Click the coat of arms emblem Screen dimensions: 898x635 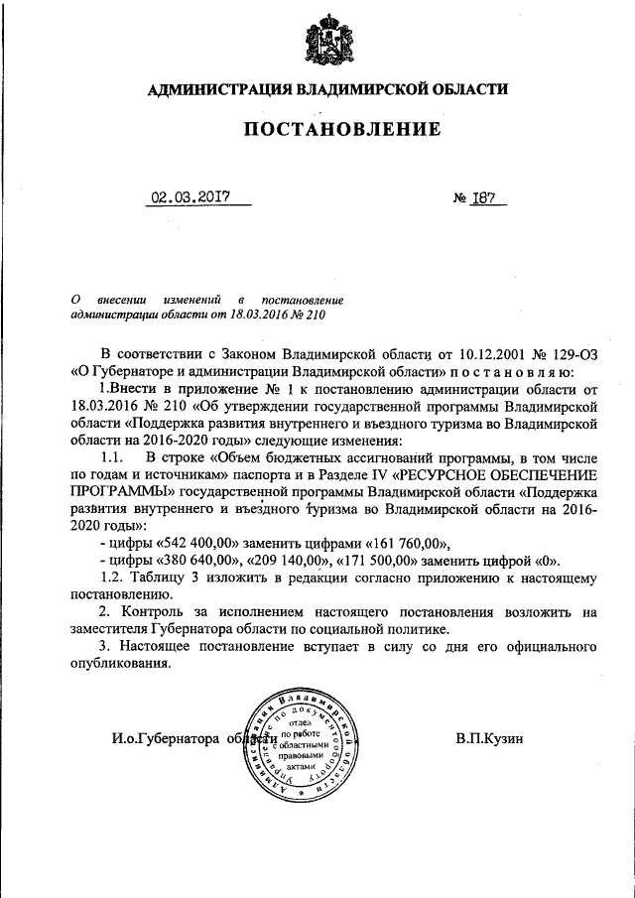pos(325,41)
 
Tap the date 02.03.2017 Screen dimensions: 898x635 pos(190,197)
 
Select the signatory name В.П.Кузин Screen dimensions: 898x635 pos(490,739)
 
